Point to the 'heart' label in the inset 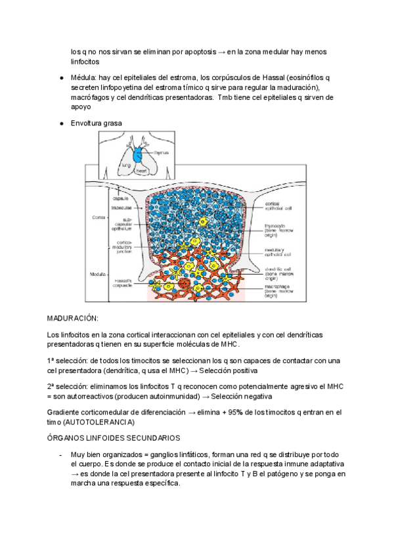(141, 170)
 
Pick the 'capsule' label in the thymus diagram (120, 198)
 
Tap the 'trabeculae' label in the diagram (121, 208)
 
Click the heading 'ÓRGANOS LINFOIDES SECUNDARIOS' (114, 437)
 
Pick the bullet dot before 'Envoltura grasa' (61, 123)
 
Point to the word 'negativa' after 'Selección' (253, 397)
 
